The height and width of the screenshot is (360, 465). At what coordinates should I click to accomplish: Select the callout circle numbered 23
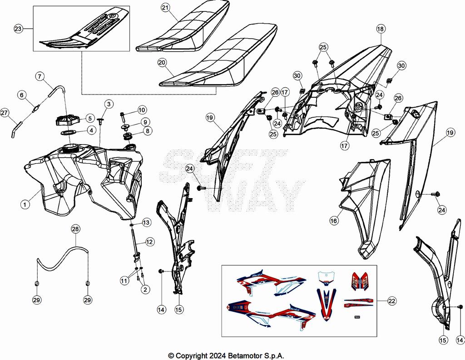(x=18, y=29)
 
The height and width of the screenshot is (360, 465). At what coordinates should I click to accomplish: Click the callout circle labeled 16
(x=334, y=220)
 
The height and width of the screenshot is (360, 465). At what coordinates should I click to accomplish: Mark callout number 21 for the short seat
(x=165, y=8)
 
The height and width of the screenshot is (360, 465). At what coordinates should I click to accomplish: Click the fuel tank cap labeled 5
(x=67, y=120)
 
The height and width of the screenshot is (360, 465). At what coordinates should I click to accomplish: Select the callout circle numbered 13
(x=146, y=222)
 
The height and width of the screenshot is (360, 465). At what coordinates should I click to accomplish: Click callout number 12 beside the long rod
(x=149, y=242)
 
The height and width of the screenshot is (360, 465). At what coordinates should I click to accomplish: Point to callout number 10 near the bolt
(x=142, y=110)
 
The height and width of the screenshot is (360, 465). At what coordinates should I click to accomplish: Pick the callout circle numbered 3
(x=108, y=104)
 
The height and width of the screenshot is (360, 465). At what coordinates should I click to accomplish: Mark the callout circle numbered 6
(x=21, y=95)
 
